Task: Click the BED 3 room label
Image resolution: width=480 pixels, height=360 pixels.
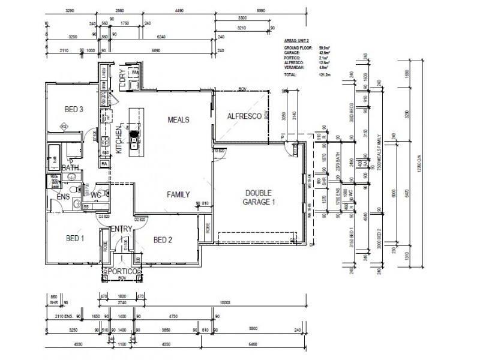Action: pyautogui.click(x=73, y=109)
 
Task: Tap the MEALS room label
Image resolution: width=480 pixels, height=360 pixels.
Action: pyautogui.click(x=178, y=120)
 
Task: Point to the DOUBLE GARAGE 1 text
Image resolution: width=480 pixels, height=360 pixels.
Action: pyautogui.click(x=259, y=197)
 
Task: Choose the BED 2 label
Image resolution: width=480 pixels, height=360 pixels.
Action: pyautogui.click(x=163, y=240)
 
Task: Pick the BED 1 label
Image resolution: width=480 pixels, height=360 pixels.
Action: pyautogui.click(x=75, y=238)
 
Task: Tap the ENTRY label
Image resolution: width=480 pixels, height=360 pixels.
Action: pyautogui.click(x=121, y=229)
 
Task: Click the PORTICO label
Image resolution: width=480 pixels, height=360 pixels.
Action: pyautogui.click(x=122, y=272)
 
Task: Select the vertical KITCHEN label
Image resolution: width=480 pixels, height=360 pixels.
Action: pyautogui.click(x=119, y=140)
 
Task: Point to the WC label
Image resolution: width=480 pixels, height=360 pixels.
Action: pyautogui.click(x=95, y=195)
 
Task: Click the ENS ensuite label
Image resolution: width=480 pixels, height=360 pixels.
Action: pyautogui.click(x=63, y=196)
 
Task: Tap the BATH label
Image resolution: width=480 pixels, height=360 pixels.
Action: pyautogui.click(x=70, y=168)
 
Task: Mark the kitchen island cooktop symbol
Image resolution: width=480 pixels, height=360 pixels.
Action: pyautogui.click(x=135, y=134)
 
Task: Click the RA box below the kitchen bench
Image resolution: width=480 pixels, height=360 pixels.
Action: pyautogui.click(x=104, y=163)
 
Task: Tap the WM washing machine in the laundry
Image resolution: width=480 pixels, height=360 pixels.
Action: pyautogui.click(x=135, y=73)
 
